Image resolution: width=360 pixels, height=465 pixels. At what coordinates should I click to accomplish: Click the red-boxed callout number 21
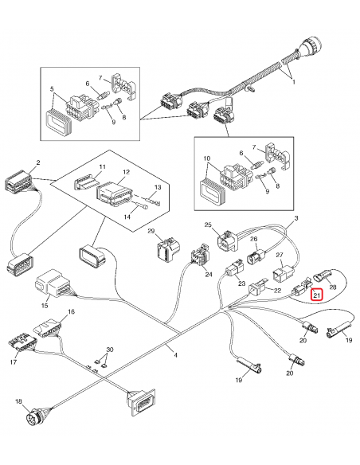coord(316,296)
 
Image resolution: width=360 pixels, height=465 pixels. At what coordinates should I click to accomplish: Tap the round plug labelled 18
coord(35,417)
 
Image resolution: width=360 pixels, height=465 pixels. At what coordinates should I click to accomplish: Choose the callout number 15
coord(45,305)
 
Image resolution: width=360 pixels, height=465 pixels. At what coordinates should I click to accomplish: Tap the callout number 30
coord(110,350)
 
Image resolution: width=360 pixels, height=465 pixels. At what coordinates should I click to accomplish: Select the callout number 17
coord(13,363)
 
